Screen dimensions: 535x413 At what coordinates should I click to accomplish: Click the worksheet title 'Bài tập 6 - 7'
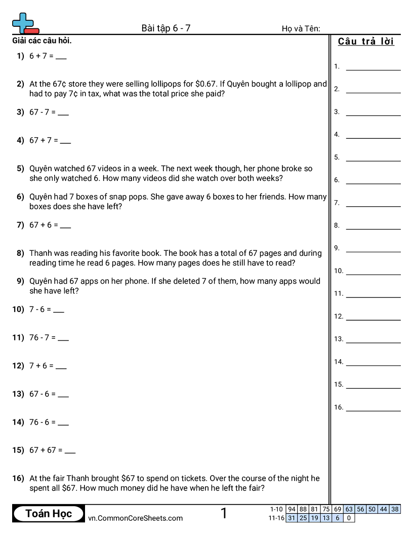coord(166,28)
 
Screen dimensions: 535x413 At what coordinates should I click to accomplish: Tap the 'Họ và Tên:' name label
coord(301,29)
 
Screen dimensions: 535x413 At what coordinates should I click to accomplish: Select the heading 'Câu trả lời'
coord(366,42)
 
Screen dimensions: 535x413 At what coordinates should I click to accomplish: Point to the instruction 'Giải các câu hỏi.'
coord(42,41)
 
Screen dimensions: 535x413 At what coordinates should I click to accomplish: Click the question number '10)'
coord(18,309)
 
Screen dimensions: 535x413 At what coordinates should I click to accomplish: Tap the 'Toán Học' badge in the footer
coord(49,514)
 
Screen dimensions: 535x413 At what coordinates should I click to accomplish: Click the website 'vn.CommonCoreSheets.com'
coord(135,518)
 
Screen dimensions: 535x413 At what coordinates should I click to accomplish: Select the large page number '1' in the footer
coord(224,514)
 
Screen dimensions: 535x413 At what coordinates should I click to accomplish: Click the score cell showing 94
coord(292,509)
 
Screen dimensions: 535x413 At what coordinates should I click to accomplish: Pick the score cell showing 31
coord(292,518)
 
